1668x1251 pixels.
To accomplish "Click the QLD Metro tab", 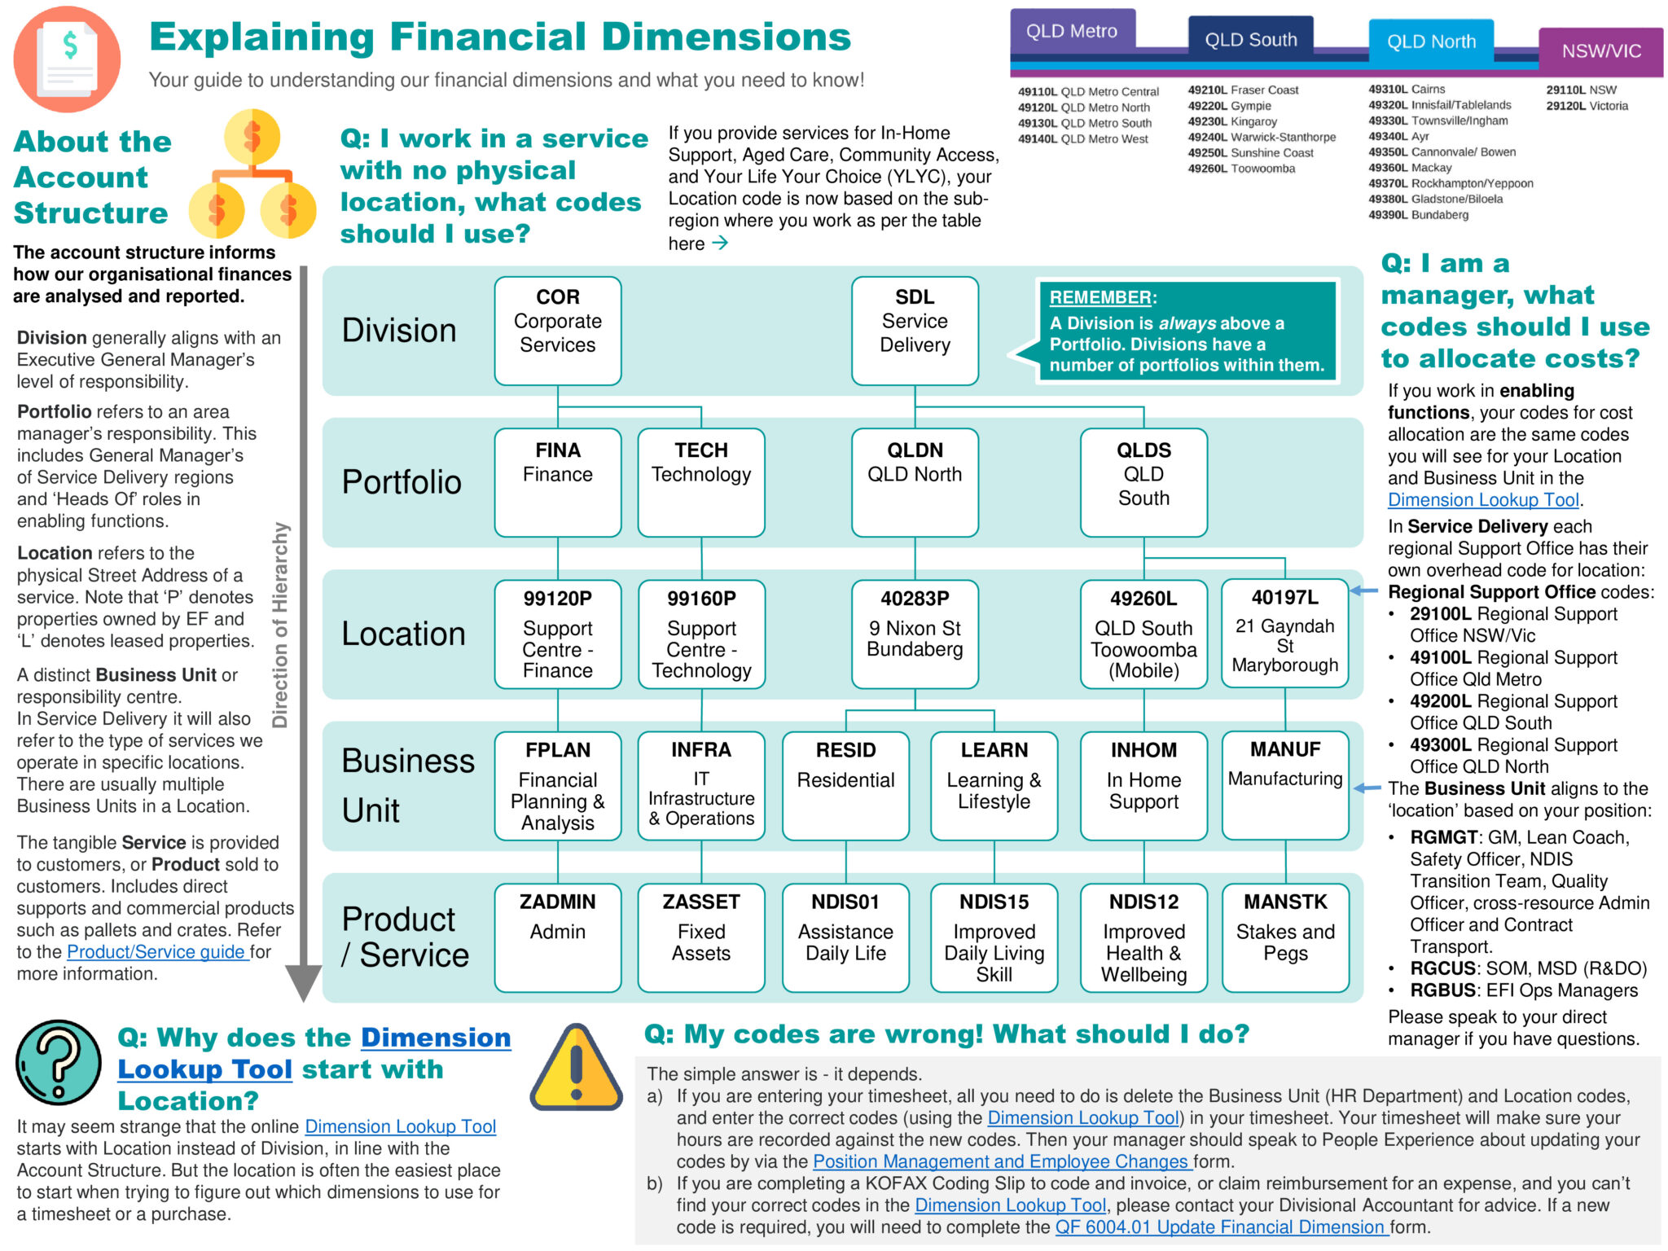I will pyautogui.click(x=1072, y=32).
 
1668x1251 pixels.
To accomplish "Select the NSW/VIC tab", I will pyautogui.click(x=1600, y=51).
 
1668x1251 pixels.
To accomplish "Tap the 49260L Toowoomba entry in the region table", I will pyautogui.click(x=1241, y=169).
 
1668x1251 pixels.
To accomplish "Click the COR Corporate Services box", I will pyautogui.click(x=558, y=330).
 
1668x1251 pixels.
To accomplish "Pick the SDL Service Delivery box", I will pyautogui.click(x=915, y=330).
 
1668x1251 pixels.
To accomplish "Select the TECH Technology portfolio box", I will pyautogui.click(x=701, y=482).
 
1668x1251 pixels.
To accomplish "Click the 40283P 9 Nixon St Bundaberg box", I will pyautogui.click(x=915, y=634).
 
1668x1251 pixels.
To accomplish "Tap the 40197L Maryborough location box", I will pyautogui.click(x=1284, y=634).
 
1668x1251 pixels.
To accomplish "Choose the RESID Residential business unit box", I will pyautogui.click(x=845, y=785).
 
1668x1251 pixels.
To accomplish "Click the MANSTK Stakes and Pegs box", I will pyautogui.click(x=1285, y=937).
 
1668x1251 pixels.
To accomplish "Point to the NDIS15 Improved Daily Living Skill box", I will pyautogui.click(x=994, y=937).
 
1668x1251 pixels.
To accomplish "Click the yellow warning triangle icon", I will pyautogui.click(x=577, y=1069).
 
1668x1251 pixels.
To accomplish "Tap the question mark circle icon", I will pyautogui.click(x=59, y=1062).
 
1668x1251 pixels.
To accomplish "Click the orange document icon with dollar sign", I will pyautogui.click(x=68, y=59).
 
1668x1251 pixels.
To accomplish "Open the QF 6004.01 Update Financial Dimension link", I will pyautogui.click(x=1222, y=1227).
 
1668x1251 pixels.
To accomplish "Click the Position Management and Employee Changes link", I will pyautogui.click(x=1002, y=1161).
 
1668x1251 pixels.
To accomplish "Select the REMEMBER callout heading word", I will pyautogui.click(x=1100, y=298).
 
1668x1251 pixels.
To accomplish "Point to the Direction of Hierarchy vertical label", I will pyautogui.click(x=280, y=625).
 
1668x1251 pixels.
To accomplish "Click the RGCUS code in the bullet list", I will pyautogui.click(x=1443, y=969).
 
